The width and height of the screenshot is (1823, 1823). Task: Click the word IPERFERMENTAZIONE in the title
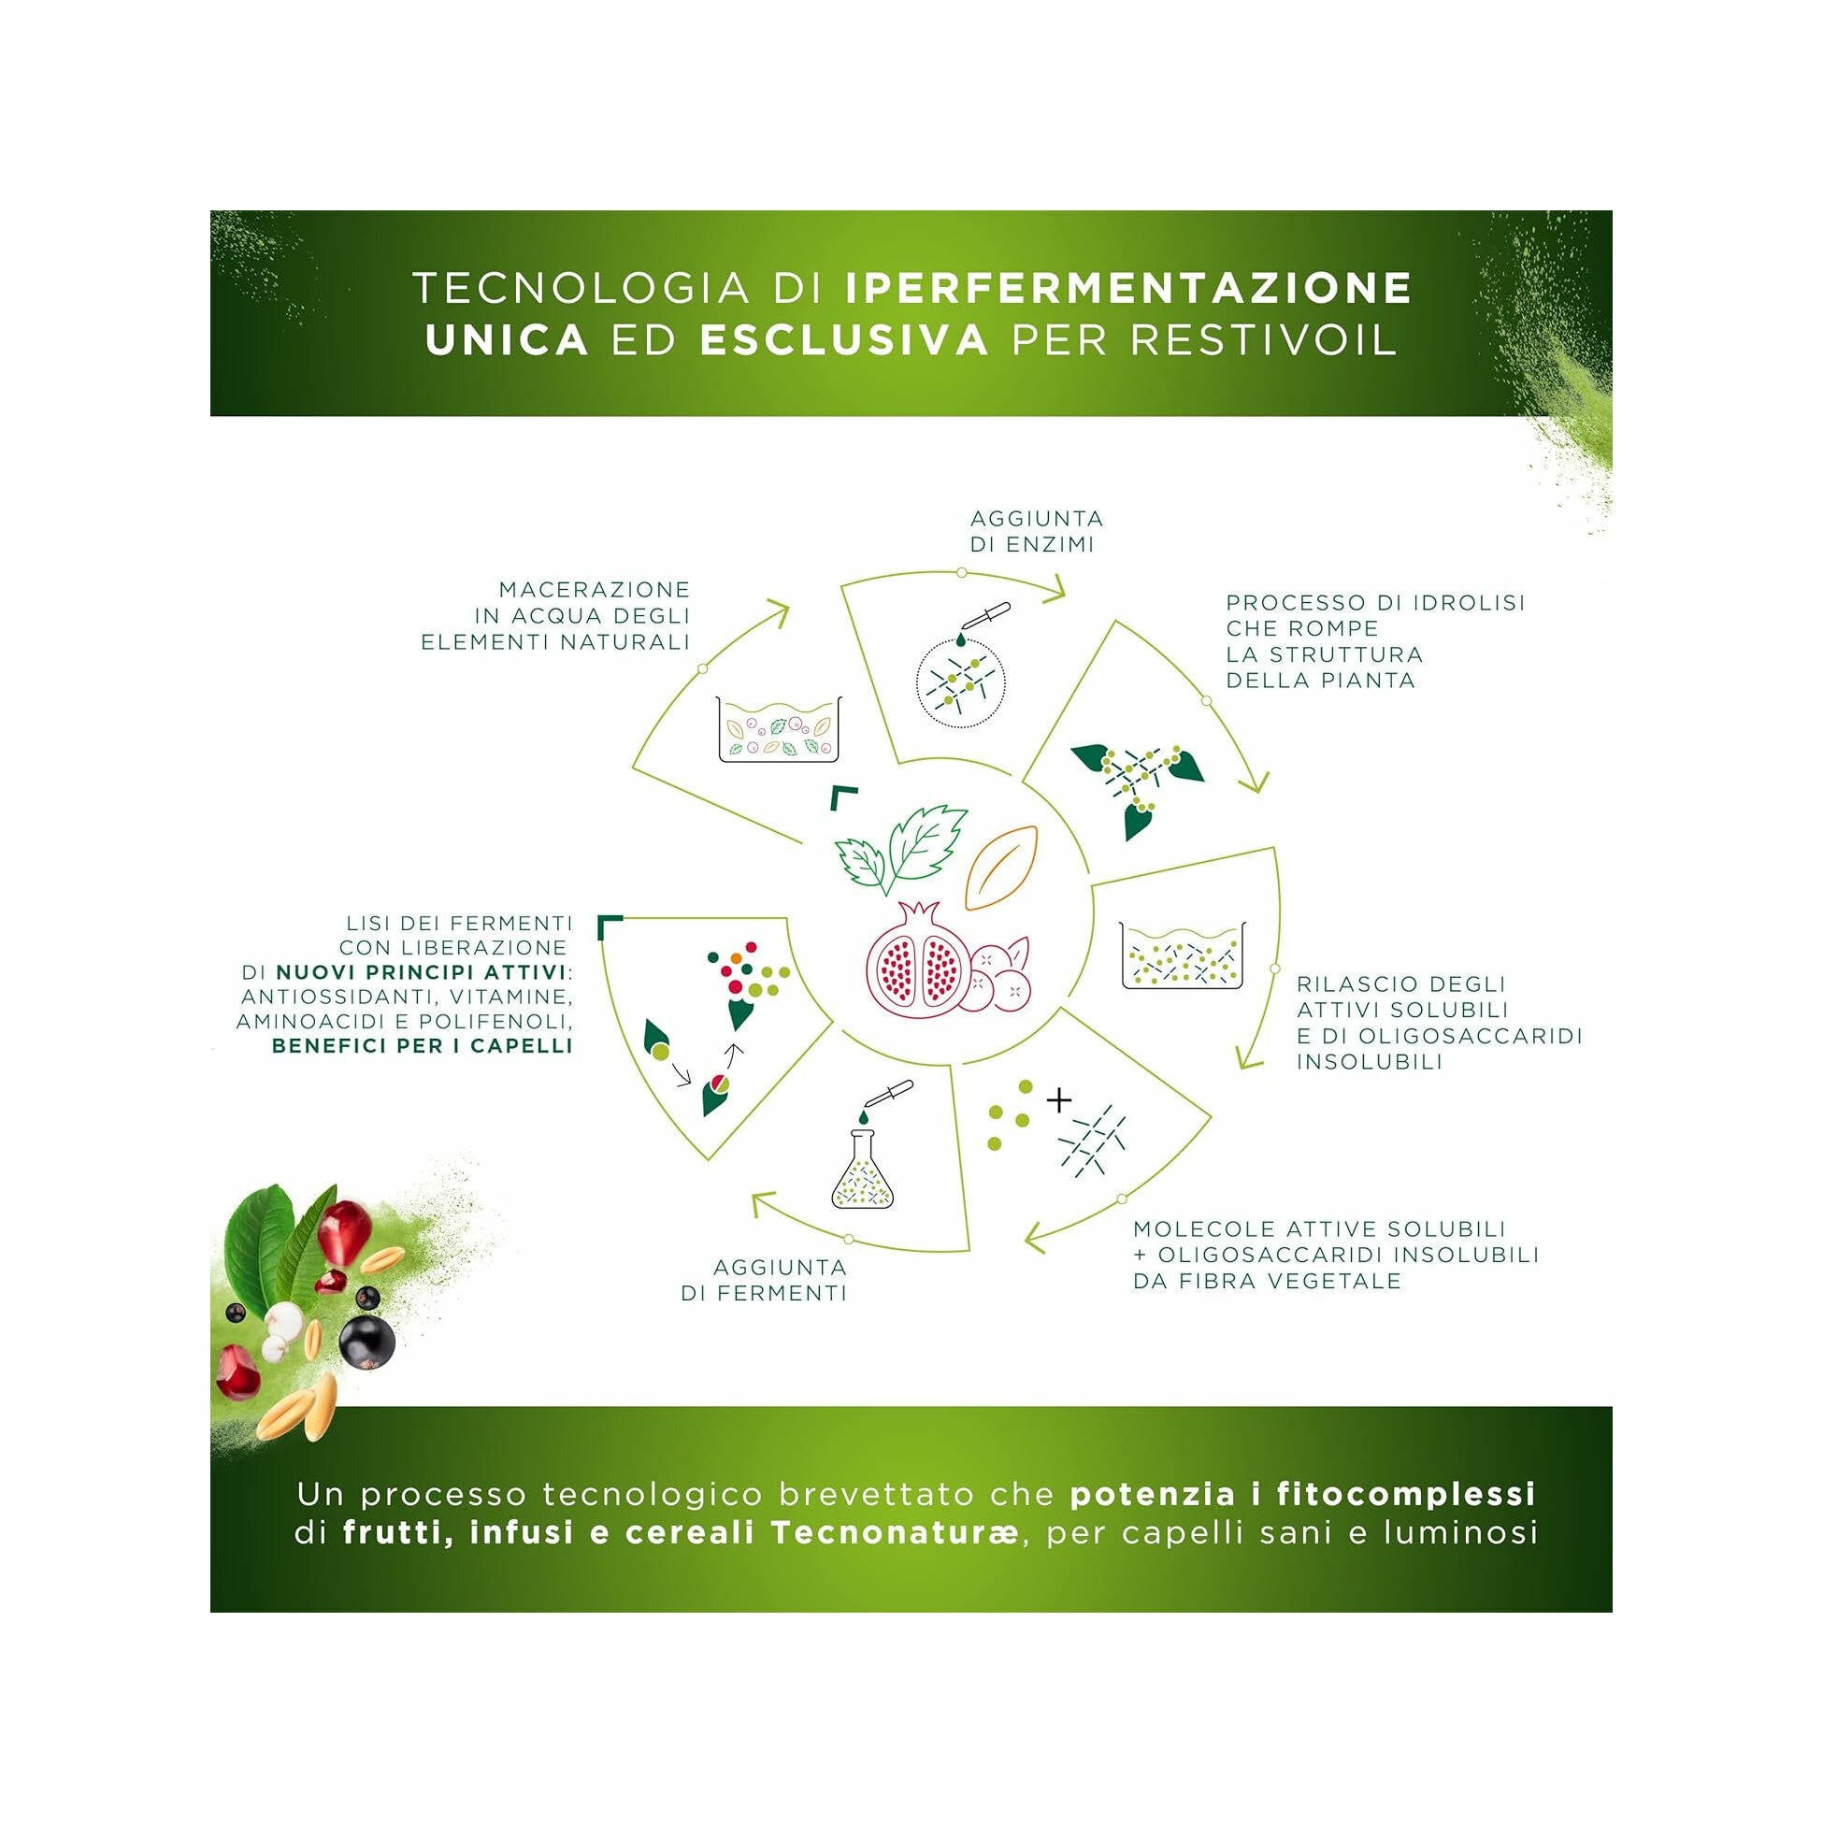[x=1128, y=289]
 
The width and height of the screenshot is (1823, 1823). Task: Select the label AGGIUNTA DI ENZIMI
[x=1036, y=531]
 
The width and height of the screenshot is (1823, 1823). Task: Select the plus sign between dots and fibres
[x=1059, y=1099]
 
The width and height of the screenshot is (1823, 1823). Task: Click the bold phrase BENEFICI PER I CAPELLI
[x=422, y=1045]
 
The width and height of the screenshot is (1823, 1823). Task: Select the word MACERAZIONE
[x=595, y=590]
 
